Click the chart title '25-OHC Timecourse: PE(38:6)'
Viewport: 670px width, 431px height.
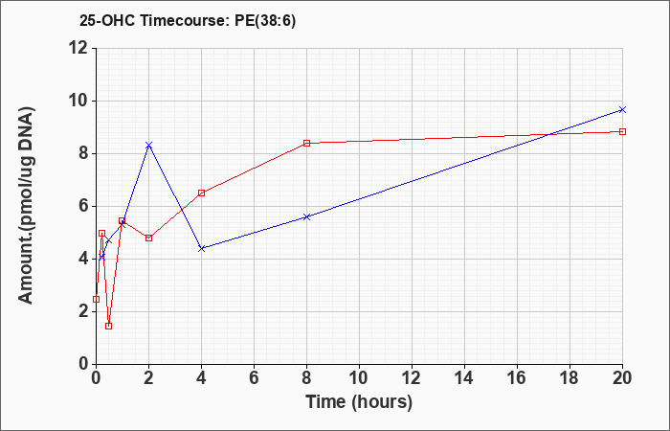(x=188, y=21)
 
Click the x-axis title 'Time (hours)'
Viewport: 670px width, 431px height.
(x=359, y=402)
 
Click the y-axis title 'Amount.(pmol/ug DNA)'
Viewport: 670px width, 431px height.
(x=27, y=205)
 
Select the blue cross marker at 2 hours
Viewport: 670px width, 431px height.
(x=148, y=145)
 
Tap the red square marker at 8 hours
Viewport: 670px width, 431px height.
(x=307, y=144)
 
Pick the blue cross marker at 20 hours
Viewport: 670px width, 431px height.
(x=622, y=110)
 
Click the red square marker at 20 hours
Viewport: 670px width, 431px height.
(x=622, y=132)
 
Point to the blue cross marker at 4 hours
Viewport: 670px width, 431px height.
(x=202, y=248)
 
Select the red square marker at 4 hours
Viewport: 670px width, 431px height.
(x=202, y=193)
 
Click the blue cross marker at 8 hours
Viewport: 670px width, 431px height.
(x=307, y=216)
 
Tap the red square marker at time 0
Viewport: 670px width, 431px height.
(x=96, y=299)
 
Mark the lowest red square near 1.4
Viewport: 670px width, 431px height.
(x=108, y=327)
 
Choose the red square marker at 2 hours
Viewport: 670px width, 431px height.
(x=148, y=238)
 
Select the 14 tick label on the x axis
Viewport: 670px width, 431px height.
(x=464, y=378)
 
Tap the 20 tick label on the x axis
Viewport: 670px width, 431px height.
(x=622, y=378)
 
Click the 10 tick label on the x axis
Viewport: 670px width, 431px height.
(x=359, y=378)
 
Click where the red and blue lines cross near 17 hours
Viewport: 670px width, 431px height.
(x=548, y=135)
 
